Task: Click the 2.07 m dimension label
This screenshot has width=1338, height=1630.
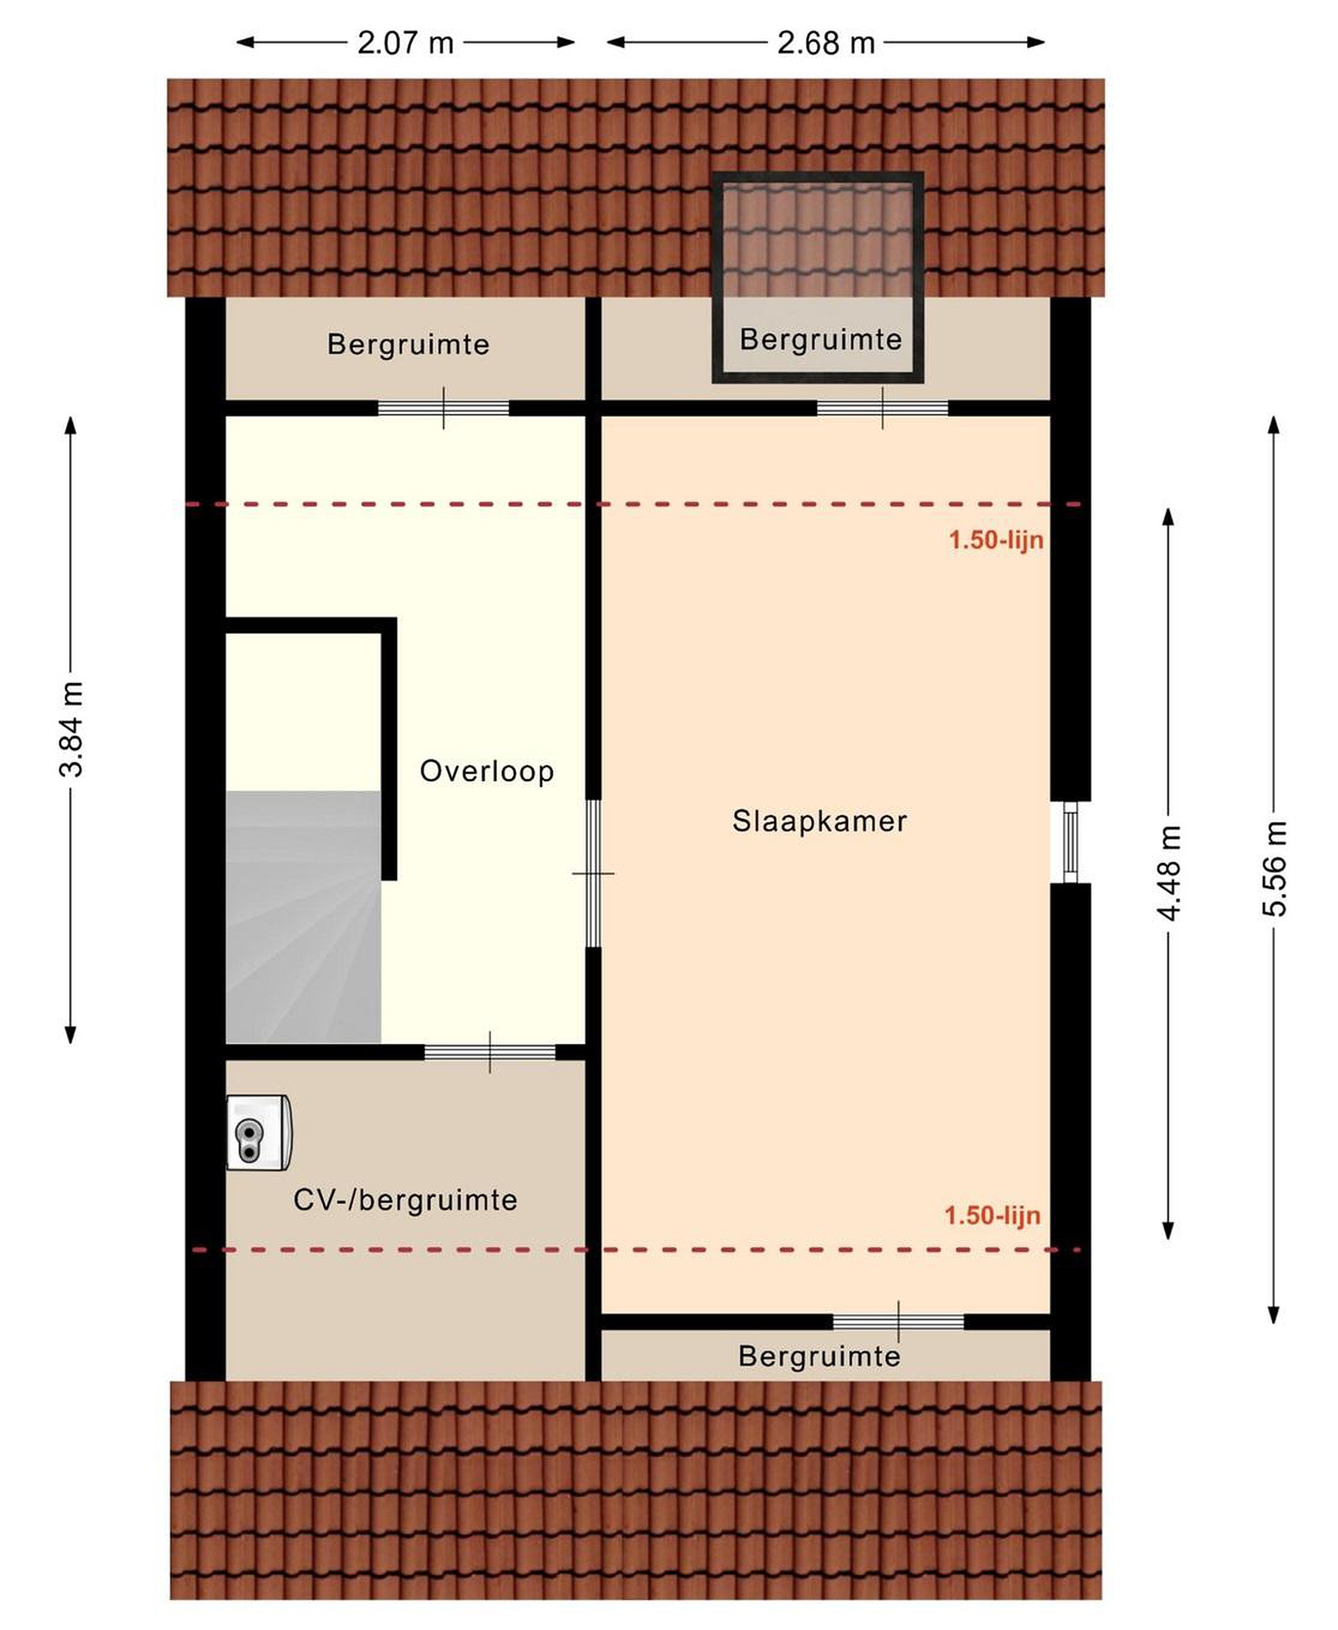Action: tap(405, 43)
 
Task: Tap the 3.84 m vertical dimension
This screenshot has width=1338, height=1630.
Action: tap(71, 729)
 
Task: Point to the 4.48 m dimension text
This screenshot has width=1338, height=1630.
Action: tap(1168, 872)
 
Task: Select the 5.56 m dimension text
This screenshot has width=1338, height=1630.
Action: tap(1274, 869)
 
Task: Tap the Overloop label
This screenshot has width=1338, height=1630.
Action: tap(486, 771)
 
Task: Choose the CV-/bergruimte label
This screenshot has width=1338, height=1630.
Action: tap(405, 1200)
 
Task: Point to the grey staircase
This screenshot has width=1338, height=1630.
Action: tap(303, 917)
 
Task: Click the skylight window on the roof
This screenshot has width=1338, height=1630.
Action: tap(818, 277)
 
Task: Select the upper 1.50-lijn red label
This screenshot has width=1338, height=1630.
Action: tap(996, 539)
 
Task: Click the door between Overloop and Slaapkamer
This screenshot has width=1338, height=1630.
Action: tap(593, 873)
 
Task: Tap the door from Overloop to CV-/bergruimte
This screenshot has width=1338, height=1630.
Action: tap(490, 1052)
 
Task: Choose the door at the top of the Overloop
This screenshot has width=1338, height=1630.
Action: tap(443, 407)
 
